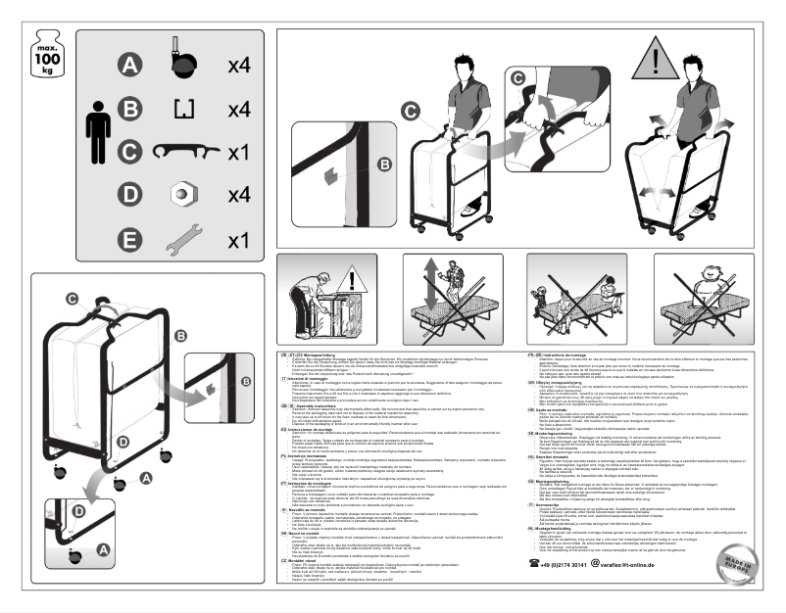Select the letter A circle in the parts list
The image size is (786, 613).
pos(128,66)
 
